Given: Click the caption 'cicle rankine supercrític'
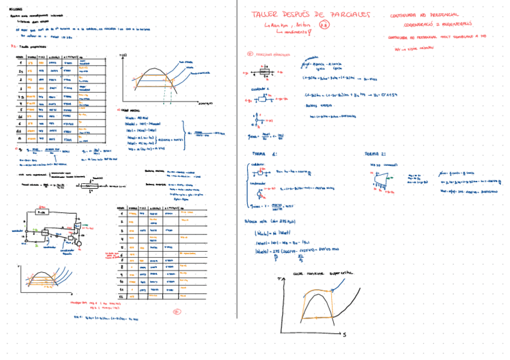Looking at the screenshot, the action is click(324, 273).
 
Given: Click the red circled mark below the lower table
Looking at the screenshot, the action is click(177, 311).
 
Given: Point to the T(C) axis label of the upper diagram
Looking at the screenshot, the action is click(124, 55).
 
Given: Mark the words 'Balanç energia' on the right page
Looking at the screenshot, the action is click(315, 105).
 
